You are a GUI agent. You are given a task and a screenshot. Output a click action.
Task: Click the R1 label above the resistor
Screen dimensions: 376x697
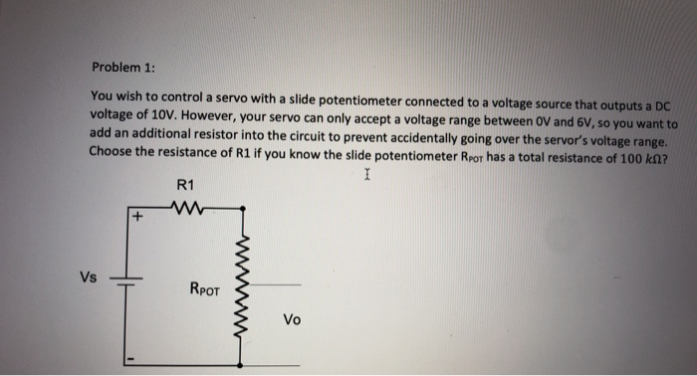185,185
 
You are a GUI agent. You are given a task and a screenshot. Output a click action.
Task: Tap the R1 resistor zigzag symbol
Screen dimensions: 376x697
186,207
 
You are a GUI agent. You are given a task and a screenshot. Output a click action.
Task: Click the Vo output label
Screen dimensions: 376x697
291,319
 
